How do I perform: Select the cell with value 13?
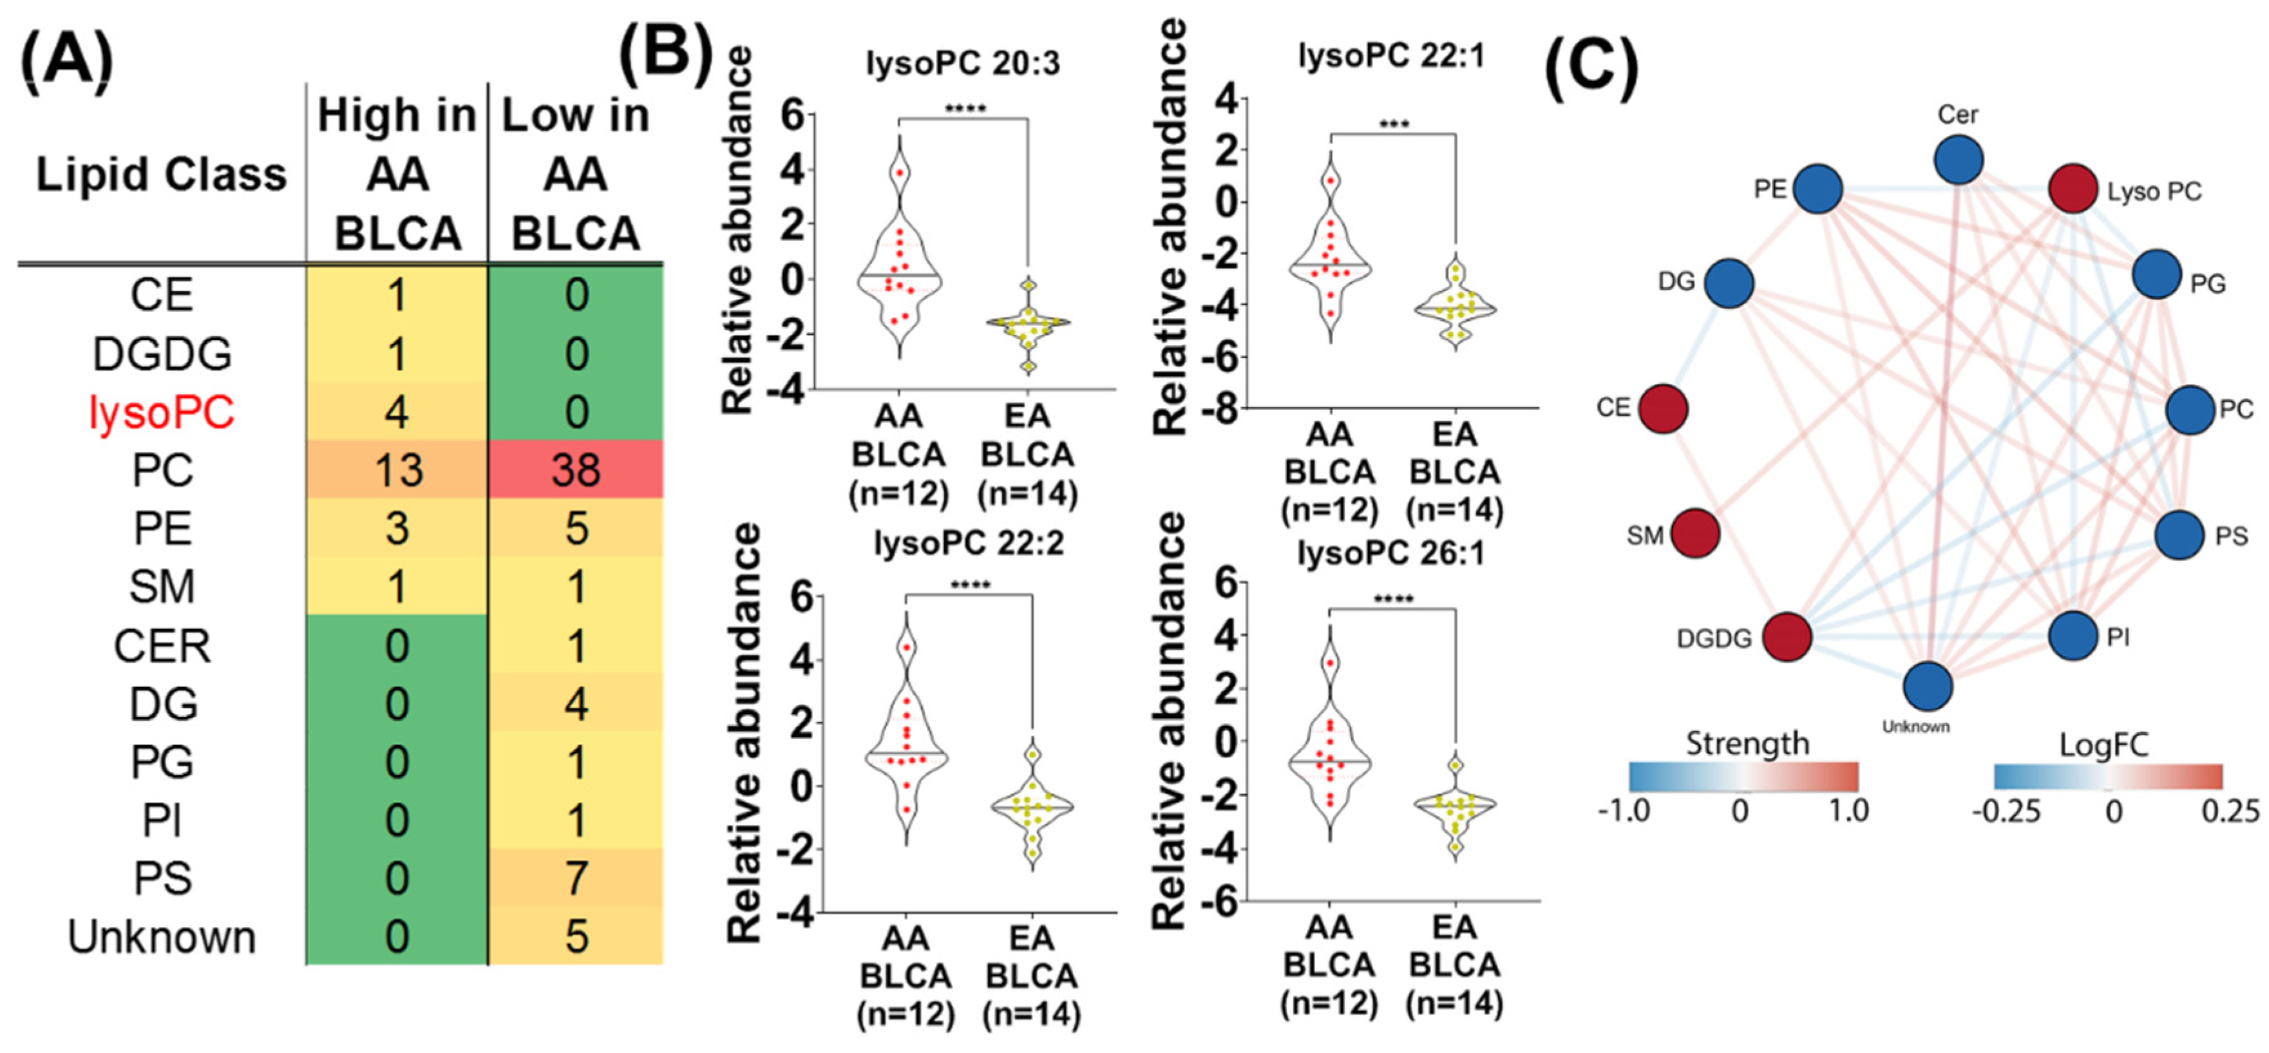click(398, 470)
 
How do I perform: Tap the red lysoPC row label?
click(162, 412)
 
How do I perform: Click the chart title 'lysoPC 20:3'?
click(963, 63)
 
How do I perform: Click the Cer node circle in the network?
click(1958, 160)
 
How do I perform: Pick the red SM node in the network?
click(1695, 533)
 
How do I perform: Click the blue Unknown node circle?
click(1927, 687)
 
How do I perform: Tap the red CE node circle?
click(1663, 408)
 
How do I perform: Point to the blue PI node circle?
click(2073, 636)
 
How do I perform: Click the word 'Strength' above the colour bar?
click(1747, 744)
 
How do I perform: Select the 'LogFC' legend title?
click(2103, 746)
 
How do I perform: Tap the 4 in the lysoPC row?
click(398, 412)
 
